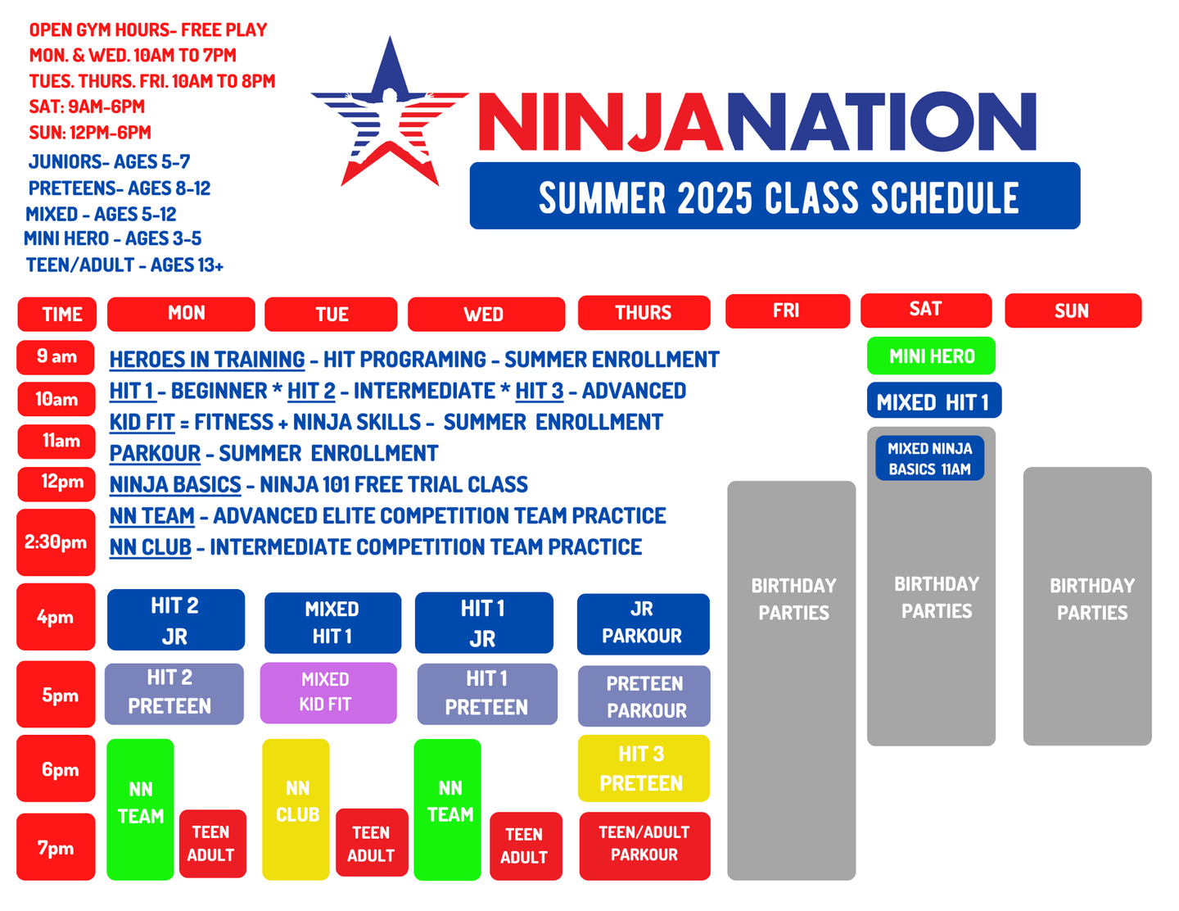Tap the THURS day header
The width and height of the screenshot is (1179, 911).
[644, 313]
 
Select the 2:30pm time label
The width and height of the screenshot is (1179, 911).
[56, 542]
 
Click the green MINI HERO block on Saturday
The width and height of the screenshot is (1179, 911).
[931, 356]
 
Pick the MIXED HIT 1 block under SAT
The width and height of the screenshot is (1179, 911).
[933, 401]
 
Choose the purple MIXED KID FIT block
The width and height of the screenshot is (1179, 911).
[328, 693]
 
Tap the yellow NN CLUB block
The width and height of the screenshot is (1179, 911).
[296, 809]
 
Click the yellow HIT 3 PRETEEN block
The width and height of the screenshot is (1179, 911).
[644, 768]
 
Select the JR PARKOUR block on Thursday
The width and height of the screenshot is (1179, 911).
[643, 623]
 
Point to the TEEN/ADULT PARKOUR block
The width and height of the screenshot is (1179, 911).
[644, 845]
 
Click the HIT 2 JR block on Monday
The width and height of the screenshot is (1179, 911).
[176, 619]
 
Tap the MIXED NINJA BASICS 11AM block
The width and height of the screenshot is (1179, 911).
[929, 458]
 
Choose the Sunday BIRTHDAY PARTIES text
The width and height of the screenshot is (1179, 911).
[1091, 599]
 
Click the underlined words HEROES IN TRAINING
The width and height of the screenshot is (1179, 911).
[206, 360]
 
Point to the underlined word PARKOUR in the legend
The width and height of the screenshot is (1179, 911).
[155, 453]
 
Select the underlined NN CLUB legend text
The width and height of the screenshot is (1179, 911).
[151, 547]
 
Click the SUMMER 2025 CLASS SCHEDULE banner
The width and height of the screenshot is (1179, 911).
[775, 196]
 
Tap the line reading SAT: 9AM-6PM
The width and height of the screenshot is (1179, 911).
[87, 107]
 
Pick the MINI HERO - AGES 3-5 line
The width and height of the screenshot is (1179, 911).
[113, 238]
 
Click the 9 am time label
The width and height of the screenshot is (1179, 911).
[56, 356]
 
